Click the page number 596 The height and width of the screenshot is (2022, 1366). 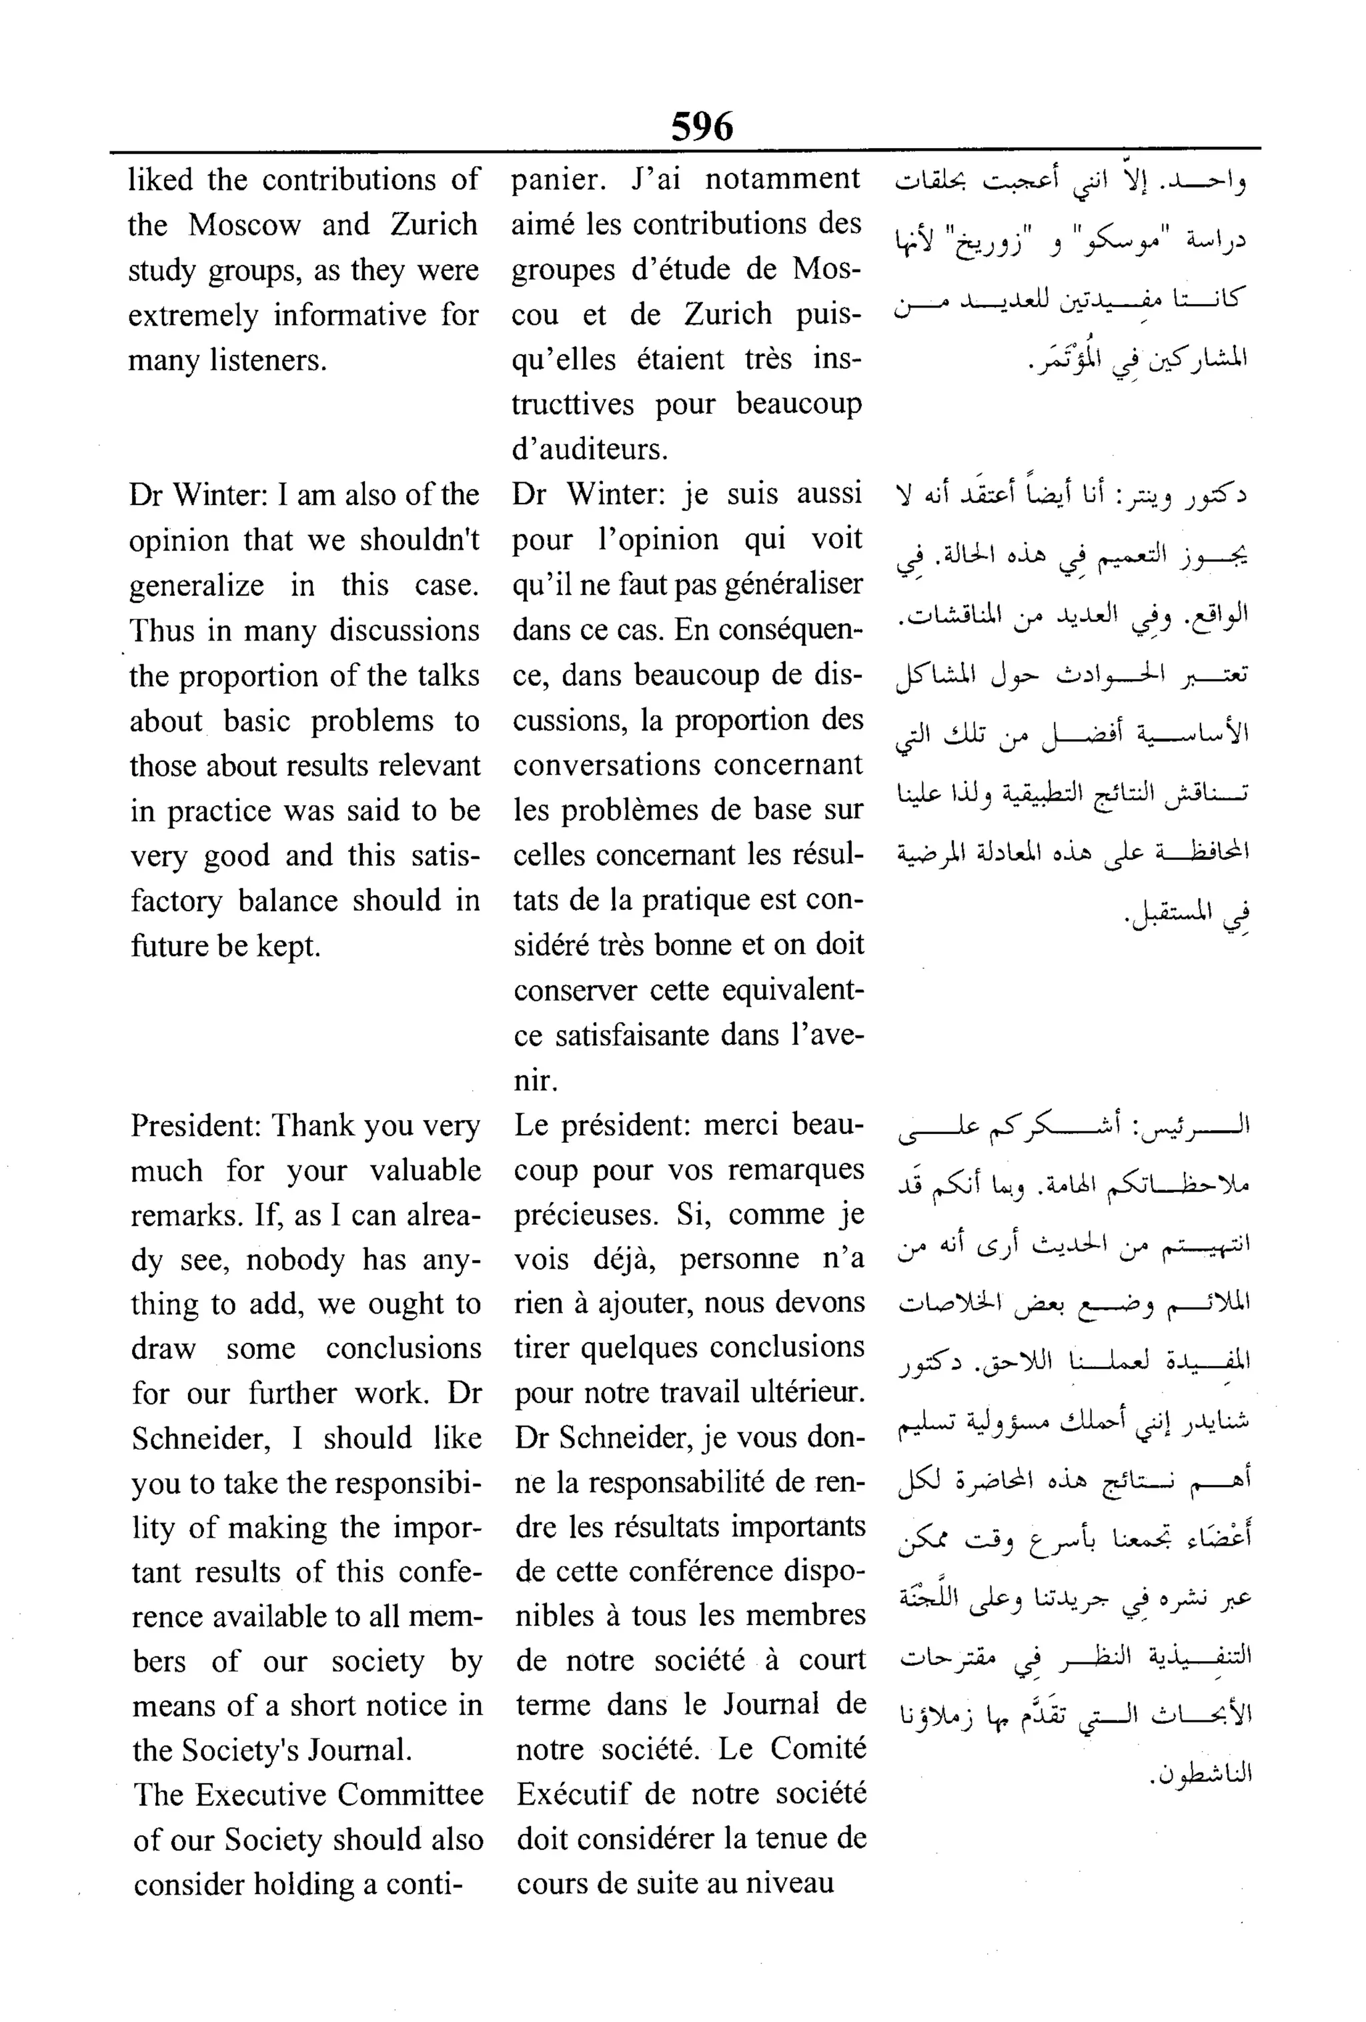tap(701, 127)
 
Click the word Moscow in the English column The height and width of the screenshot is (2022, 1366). tap(245, 225)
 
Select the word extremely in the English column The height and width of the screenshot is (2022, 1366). tap(193, 315)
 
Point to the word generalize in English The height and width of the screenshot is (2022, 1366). tap(197, 586)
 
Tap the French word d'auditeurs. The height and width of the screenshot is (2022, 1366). tap(590, 450)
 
